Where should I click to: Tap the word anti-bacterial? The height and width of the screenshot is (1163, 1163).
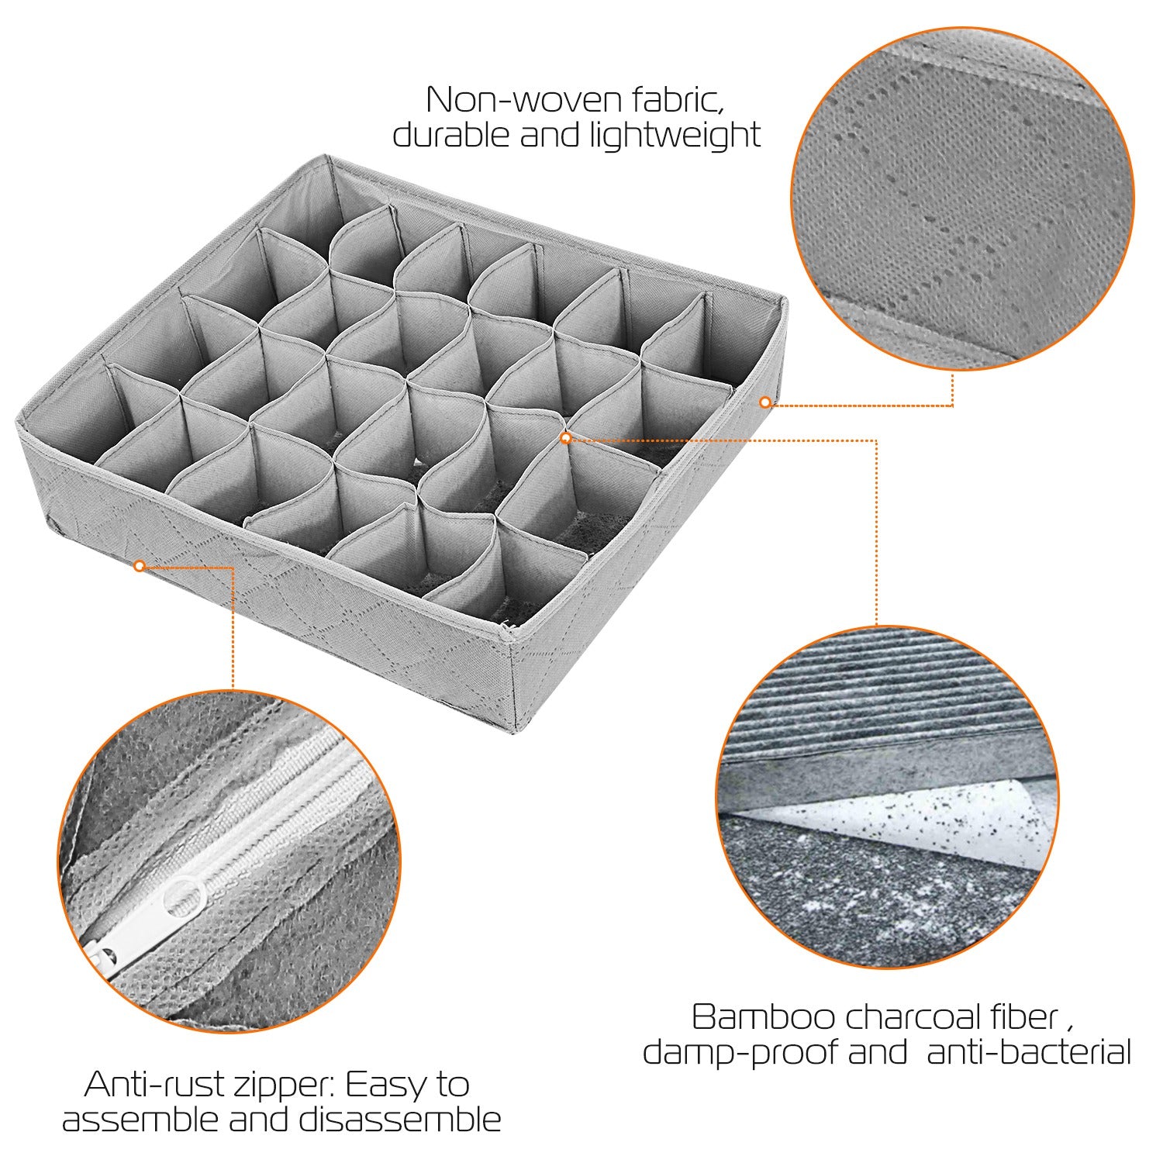click(1029, 1052)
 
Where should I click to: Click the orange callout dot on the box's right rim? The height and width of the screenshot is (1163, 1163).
click(765, 402)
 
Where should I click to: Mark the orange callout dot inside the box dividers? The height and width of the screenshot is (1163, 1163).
click(566, 438)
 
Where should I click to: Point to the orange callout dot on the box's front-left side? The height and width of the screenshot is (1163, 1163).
click(140, 566)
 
